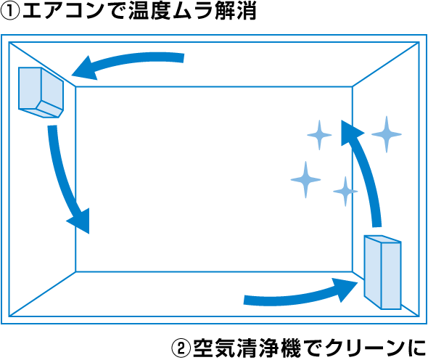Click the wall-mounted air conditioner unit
point(41,92)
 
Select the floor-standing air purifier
point(382,272)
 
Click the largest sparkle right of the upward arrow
point(387,134)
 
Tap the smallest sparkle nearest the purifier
point(345,191)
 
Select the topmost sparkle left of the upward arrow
point(319,135)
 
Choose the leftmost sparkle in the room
point(305,179)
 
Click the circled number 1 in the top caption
point(10,12)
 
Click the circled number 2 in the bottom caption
point(181,348)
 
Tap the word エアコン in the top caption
point(63,12)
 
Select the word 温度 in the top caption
point(149,12)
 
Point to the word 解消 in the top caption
point(236,12)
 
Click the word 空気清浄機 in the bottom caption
point(247,348)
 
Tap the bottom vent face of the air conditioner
point(49,109)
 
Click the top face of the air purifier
point(383,239)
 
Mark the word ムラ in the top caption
point(193,12)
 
